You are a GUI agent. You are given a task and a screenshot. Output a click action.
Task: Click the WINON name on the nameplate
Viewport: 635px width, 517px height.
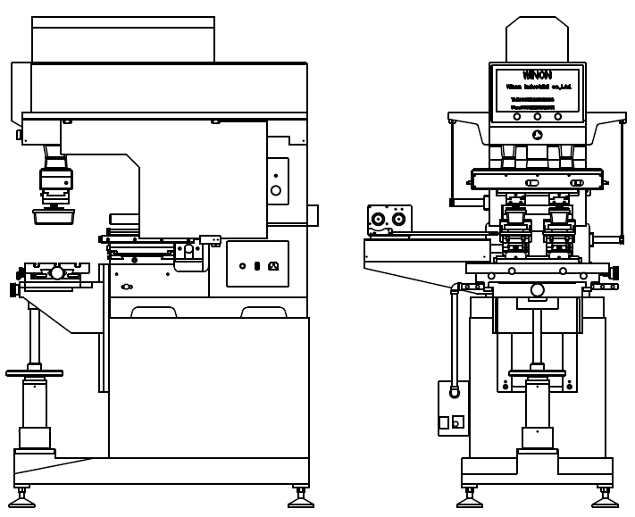537,76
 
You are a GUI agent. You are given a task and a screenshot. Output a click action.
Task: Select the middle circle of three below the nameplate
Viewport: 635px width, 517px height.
537,116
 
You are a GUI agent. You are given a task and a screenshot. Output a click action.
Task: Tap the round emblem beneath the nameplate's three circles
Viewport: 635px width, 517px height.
537,135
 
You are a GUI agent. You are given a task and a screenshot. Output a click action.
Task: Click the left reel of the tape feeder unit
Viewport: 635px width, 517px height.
379,219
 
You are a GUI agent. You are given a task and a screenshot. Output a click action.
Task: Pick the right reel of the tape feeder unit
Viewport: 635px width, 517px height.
398,219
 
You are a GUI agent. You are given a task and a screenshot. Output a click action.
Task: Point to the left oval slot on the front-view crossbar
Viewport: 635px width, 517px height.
532,183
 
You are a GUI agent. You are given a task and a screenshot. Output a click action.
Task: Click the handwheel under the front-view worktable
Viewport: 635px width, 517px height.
537,372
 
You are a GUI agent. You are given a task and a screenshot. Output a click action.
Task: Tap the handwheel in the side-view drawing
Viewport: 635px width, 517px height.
34,372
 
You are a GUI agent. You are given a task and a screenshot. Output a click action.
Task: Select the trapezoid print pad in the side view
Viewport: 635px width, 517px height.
54,215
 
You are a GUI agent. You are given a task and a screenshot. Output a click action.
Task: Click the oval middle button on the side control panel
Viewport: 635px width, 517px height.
257,265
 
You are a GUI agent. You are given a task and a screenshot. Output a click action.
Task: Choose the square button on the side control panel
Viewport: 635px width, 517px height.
273,265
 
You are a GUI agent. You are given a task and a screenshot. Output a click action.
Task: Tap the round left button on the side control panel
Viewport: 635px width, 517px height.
242,265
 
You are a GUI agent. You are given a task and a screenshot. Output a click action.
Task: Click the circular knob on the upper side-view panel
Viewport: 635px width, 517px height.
276,190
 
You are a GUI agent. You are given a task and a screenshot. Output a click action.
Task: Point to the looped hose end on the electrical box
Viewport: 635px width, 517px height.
455,391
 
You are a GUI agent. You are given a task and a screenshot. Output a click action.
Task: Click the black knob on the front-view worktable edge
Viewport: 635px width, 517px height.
614,272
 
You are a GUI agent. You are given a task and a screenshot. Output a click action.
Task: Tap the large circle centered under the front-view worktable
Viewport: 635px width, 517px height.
538,289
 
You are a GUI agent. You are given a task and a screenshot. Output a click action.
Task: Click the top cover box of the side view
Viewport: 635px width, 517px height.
123,40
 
